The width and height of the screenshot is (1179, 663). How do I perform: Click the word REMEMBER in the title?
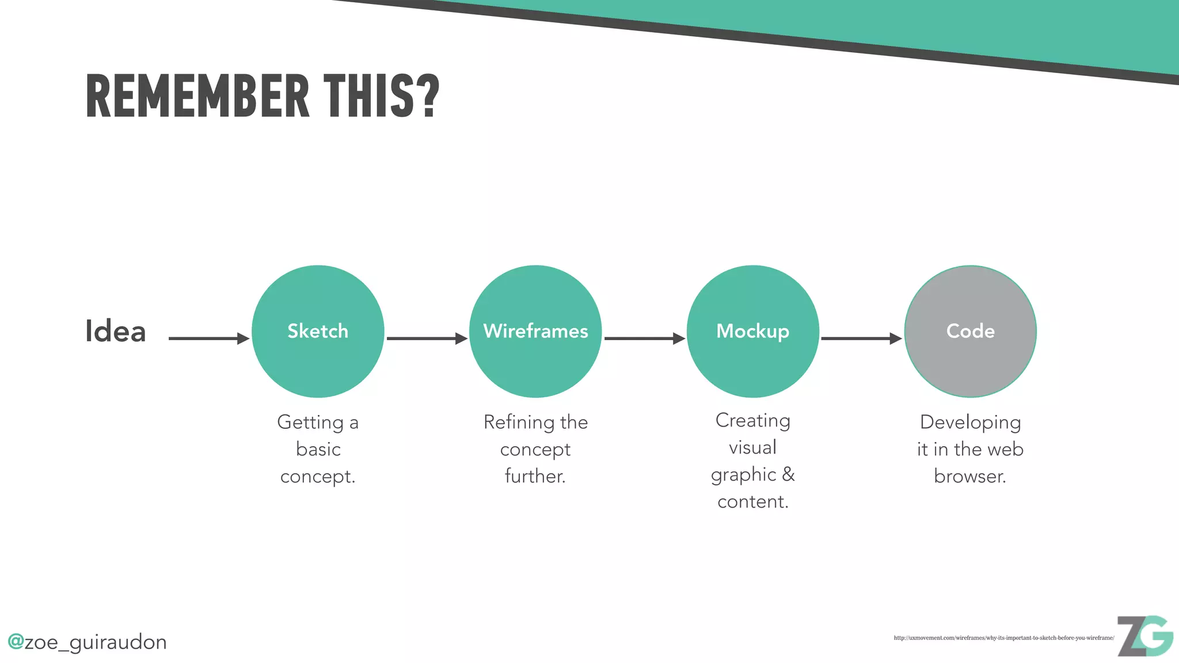(197, 96)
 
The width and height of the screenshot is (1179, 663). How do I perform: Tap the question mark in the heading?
(427, 96)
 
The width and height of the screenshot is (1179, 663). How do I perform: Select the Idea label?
(115, 331)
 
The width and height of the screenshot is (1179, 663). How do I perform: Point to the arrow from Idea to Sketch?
(208, 338)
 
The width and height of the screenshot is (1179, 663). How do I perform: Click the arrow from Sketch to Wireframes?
(427, 338)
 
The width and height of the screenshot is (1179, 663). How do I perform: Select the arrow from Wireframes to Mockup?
(644, 338)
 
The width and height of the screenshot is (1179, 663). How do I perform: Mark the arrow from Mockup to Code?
(861, 338)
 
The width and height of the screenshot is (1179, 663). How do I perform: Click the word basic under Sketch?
(318, 449)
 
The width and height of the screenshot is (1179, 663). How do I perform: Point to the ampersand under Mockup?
(788, 474)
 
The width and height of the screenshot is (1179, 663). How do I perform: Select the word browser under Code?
(970, 476)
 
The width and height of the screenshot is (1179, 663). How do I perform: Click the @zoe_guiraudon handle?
(87, 642)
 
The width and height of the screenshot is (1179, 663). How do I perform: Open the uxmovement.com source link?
(1003, 638)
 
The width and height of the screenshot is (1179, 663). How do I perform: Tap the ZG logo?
(1144, 636)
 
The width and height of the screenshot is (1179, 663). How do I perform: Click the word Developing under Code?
(970, 422)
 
